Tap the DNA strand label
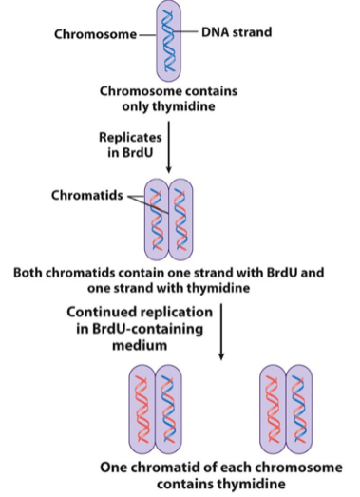[237, 32]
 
